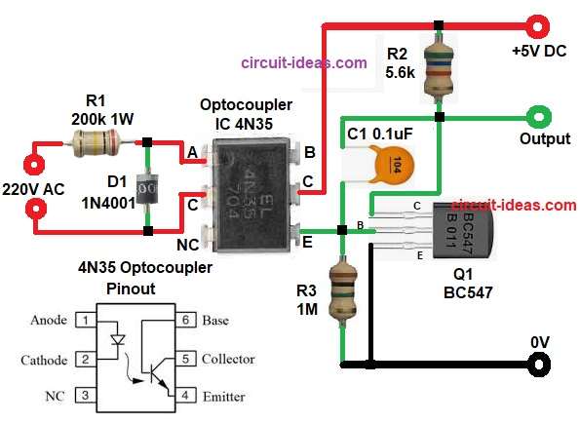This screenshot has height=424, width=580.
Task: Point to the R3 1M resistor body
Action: pyautogui.click(x=342, y=288)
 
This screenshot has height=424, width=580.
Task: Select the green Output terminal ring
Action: pyautogui.click(x=535, y=118)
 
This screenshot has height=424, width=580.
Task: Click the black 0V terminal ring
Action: pyautogui.click(x=535, y=365)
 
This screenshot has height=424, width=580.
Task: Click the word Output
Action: pyautogui.click(x=545, y=139)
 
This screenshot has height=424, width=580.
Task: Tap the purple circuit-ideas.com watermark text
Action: pyautogui.click(x=304, y=62)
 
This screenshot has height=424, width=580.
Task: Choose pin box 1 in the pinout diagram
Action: pyautogui.click(x=86, y=320)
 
